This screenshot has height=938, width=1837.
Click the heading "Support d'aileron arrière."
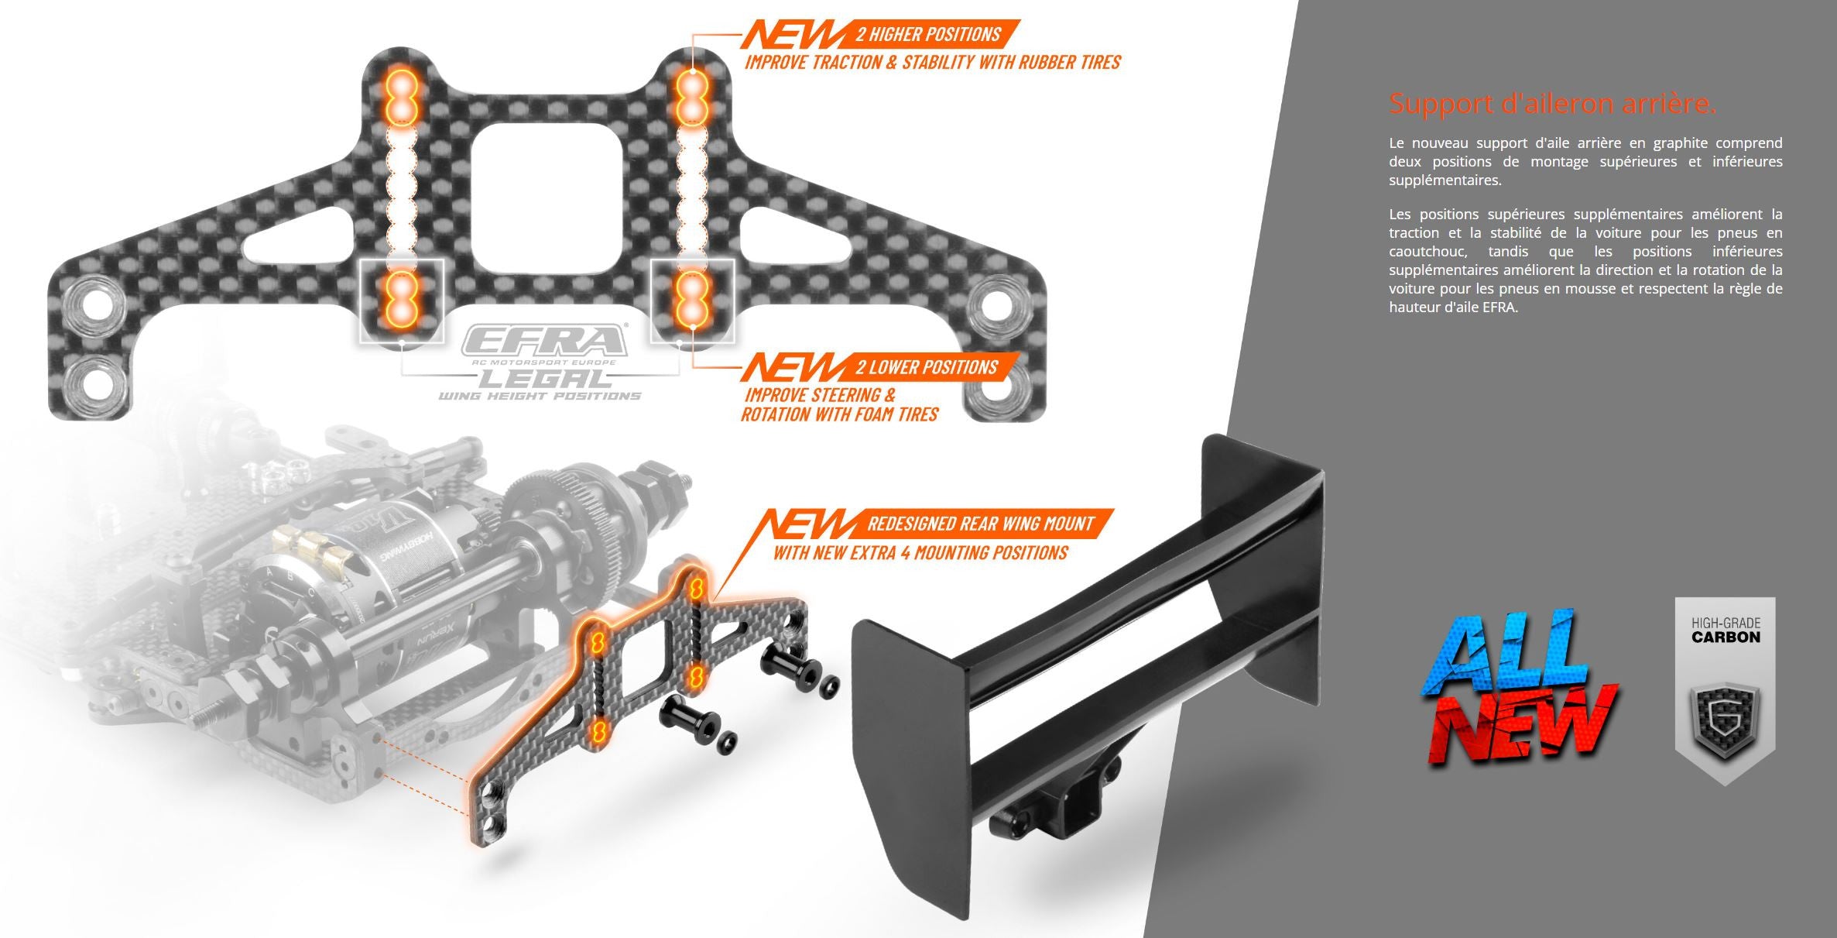[1552, 103]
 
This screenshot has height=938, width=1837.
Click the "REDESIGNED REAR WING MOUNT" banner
[980, 524]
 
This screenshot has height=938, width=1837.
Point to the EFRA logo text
[545, 340]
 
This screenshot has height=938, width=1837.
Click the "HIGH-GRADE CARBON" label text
[1726, 630]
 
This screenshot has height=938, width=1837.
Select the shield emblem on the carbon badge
[1725, 718]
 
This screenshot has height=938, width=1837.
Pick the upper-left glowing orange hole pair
[402, 96]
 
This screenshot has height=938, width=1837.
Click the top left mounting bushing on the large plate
[94, 304]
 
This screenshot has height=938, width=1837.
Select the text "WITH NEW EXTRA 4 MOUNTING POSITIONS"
[920, 553]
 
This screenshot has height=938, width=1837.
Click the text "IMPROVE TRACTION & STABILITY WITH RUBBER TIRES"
[933, 63]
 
